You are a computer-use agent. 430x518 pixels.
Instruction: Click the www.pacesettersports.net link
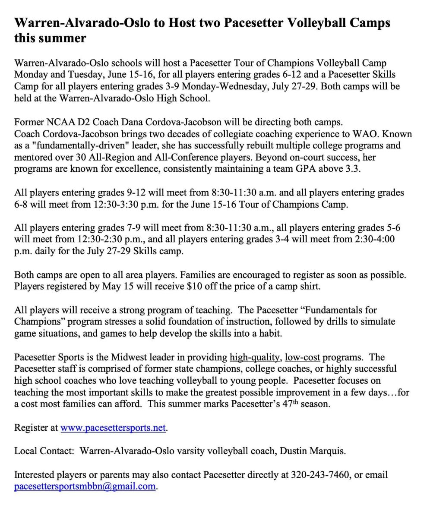click(113, 428)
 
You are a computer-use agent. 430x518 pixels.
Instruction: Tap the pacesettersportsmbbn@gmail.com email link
click(85, 486)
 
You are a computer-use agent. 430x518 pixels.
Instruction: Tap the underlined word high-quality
click(255, 357)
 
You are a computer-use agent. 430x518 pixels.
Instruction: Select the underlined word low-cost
click(302, 357)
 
